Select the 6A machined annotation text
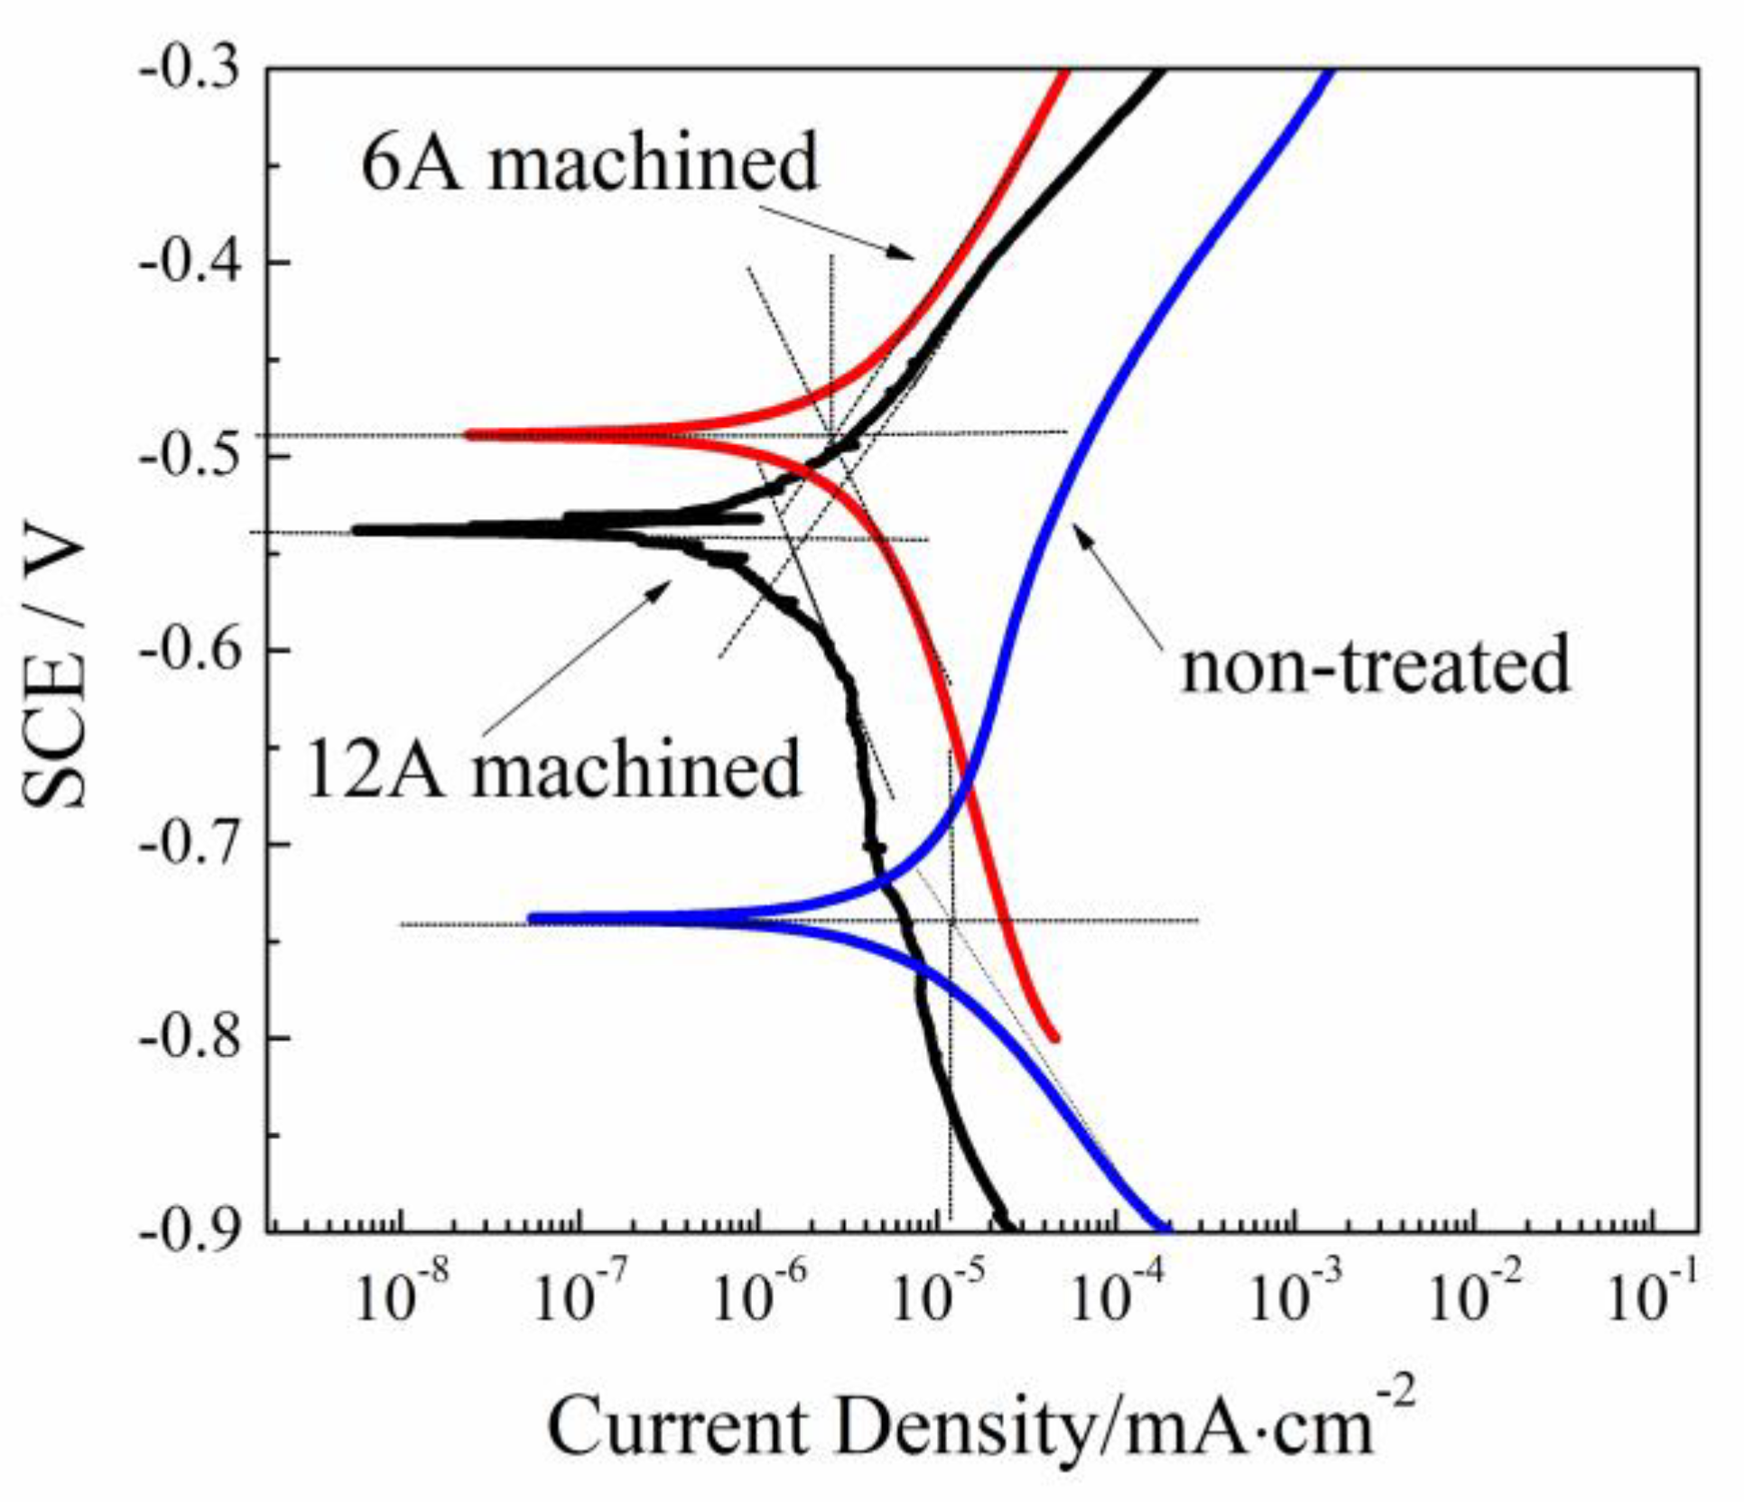pyautogui.click(x=589, y=162)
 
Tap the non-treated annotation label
pyautogui.click(x=1377, y=663)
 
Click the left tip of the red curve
pyautogui.click(x=468, y=434)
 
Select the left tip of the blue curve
pyautogui.click(x=532, y=918)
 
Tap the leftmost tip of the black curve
pyautogui.click(x=356, y=530)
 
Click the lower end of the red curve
pyautogui.click(x=1054, y=1038)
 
